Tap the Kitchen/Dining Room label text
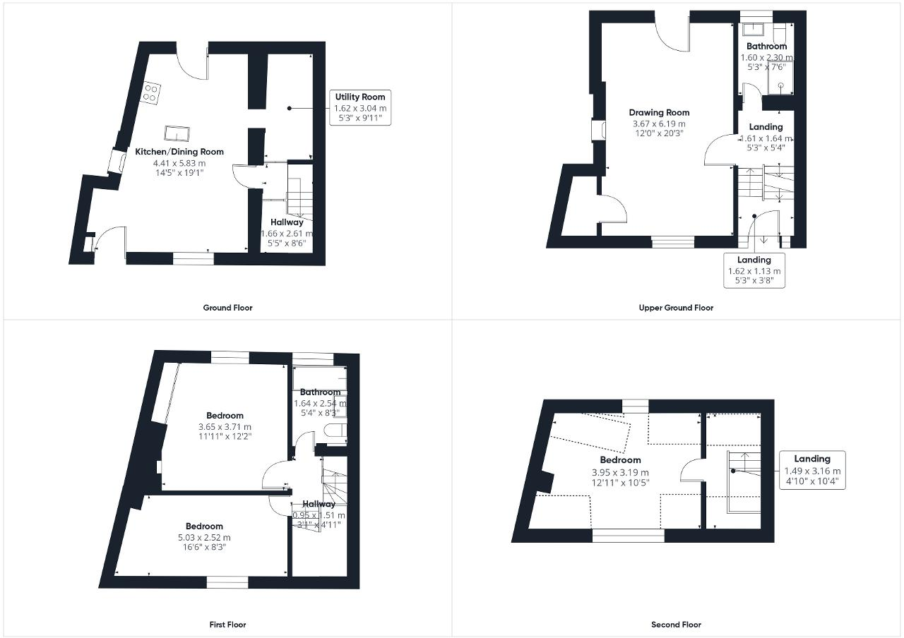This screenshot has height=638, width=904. (x=179, y=152)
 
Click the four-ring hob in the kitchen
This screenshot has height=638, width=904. (x=151, y=92)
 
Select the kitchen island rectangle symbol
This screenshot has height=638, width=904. (x=177, y=133)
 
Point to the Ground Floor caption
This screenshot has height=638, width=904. (x=227, y=308)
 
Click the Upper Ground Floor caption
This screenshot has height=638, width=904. (x=676, y=308)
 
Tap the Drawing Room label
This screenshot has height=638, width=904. (x=659, y=113)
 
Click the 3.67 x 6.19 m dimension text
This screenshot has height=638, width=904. (x=659, y=124)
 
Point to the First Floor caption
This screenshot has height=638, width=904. (x=227, y=625)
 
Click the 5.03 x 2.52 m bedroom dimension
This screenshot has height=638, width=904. (x=204, y=537)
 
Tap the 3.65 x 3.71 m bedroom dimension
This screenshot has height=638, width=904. (x=225, y=427)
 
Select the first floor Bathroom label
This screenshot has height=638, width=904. (x=320, y=392)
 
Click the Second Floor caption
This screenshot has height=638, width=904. (x=676, y=625)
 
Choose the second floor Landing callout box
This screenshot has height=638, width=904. (x=812, y=470)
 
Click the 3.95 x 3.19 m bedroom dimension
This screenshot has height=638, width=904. (x=620, y=472)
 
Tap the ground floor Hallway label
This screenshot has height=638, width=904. (x=286, y=222)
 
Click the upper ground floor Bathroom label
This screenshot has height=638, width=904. (x=766, y=47)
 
